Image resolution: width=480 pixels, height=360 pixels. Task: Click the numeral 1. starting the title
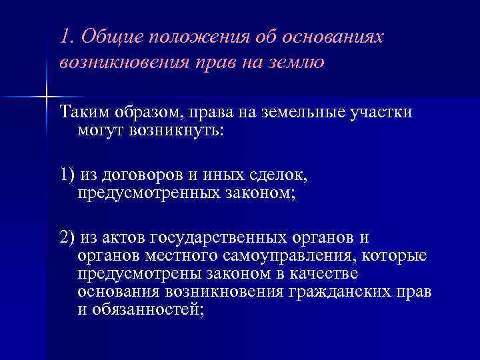(67, 37)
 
